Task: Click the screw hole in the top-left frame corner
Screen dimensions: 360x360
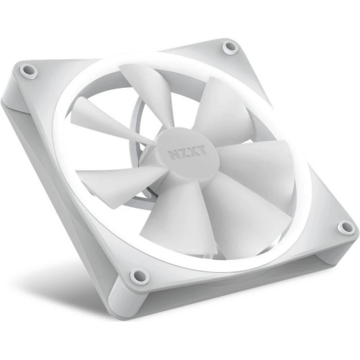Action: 29,71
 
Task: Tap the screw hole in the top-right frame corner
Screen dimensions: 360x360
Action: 230,48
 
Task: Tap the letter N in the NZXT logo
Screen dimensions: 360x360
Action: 175,154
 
